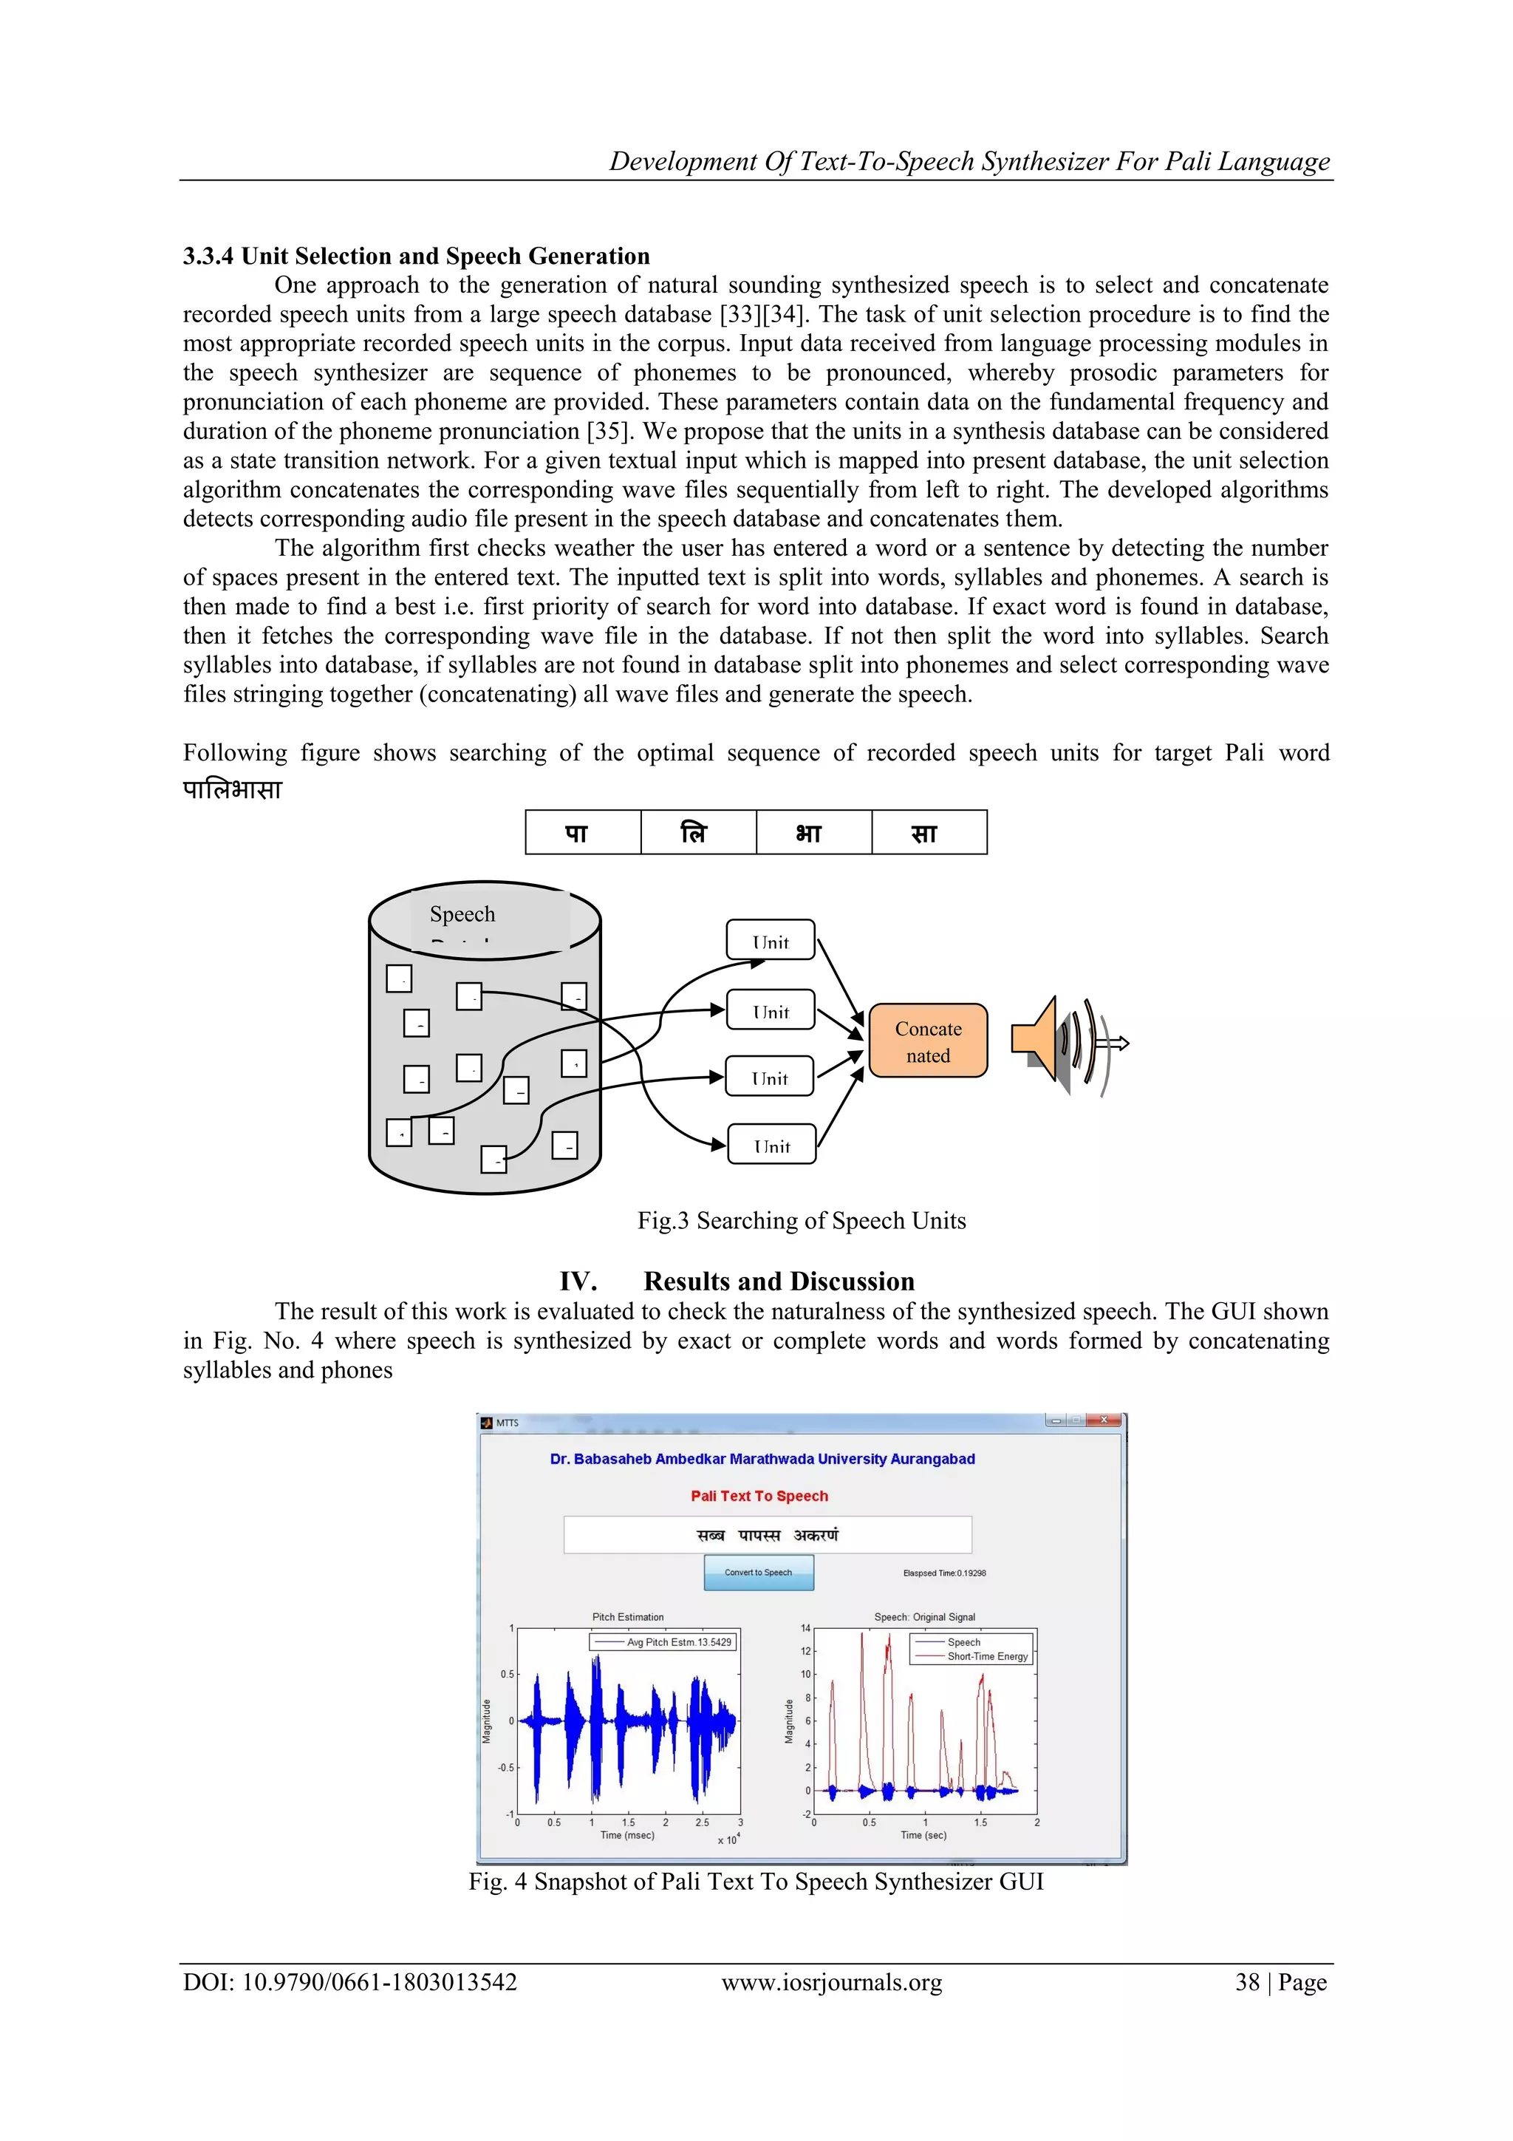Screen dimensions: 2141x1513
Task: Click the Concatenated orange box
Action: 928,1041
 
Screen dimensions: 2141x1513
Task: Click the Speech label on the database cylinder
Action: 462,914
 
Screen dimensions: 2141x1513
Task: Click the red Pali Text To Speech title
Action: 759,1496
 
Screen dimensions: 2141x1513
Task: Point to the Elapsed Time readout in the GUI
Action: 943,1573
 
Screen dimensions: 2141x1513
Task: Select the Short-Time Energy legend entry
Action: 986,1657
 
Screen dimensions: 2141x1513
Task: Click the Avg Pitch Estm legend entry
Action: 677,1642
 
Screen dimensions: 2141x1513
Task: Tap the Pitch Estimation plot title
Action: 627,1617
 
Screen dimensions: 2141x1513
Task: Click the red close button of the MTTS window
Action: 1104,1420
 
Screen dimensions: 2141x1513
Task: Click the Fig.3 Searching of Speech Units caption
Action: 801,1221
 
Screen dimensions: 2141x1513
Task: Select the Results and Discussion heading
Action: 779,1281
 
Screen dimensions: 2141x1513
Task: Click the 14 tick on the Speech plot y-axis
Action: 805,1628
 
